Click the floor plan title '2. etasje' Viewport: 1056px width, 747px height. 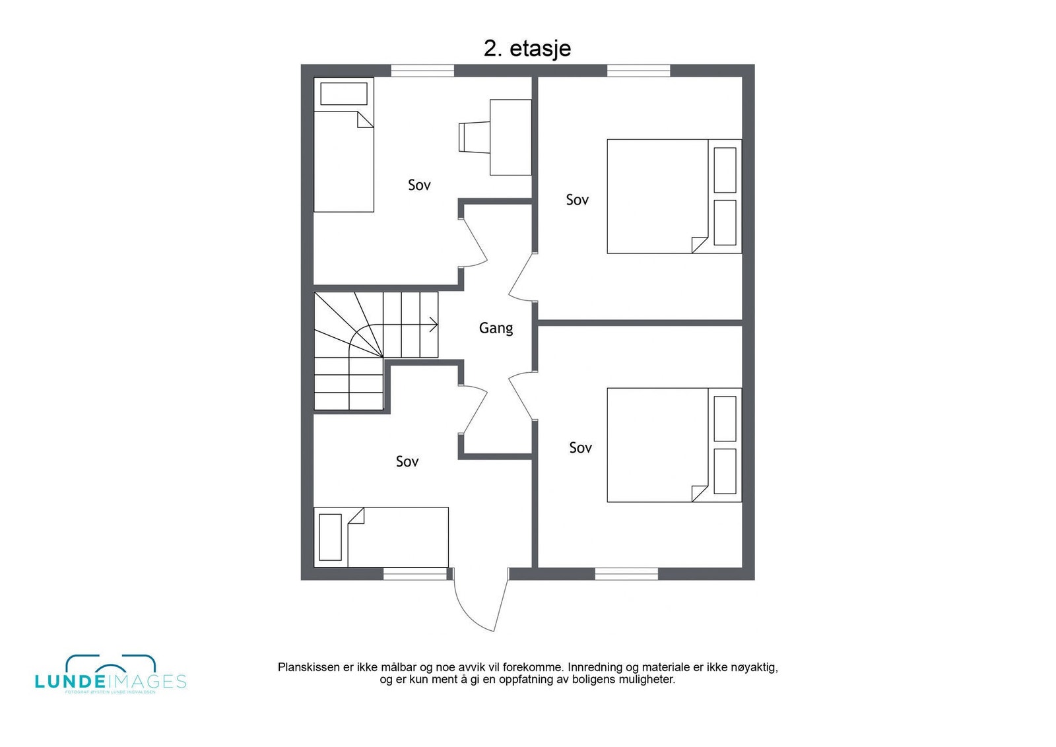(527, 48)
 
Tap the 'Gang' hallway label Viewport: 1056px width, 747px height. (496, 328)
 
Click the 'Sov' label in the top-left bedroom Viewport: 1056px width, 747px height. (419, 185)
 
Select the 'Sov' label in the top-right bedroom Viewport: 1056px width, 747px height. (577, 200)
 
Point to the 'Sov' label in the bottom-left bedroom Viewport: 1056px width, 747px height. (407, 462)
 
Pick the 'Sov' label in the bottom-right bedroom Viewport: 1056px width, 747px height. (580, 448)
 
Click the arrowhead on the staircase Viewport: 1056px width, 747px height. (434, 324)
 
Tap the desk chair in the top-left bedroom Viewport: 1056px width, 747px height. (473, 137)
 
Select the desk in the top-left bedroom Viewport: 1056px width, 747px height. (510, 137)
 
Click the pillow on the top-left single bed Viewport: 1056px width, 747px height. (343, 94)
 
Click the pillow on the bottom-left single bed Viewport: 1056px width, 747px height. (330, 537)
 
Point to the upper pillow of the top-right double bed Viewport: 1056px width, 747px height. (725, 170)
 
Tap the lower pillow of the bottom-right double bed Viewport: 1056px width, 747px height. (725, 471)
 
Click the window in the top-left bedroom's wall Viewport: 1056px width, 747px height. (422, 71)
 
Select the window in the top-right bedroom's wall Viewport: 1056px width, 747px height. (638, 71)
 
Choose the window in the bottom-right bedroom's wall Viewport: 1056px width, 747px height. (626, 574)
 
